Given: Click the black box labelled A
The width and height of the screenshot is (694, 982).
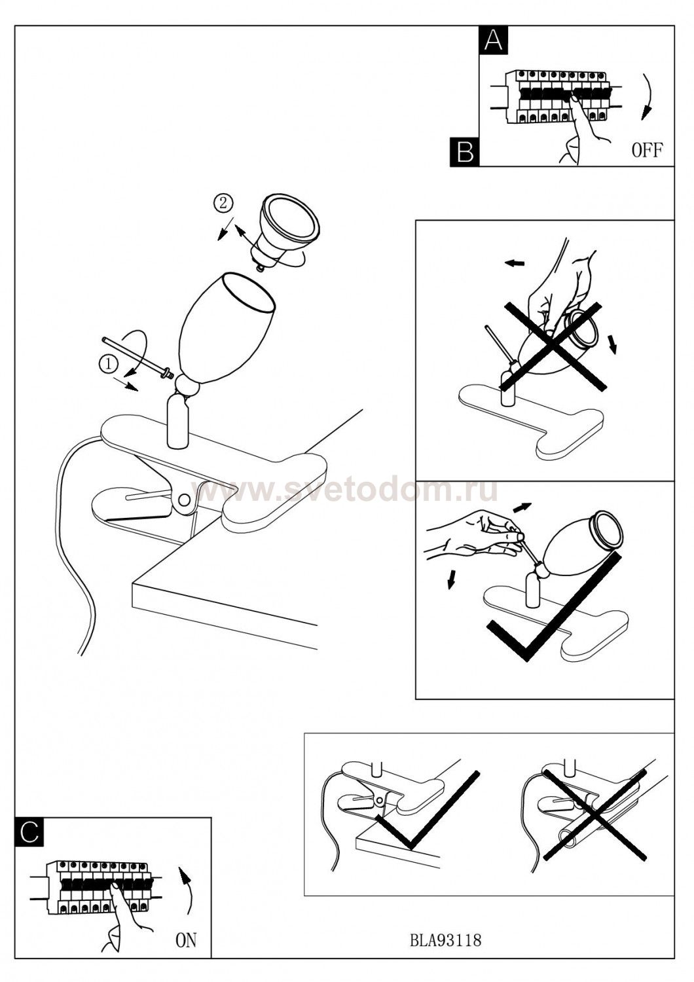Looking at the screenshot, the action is point(494,40).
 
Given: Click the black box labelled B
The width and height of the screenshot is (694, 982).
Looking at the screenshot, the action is point(465,152).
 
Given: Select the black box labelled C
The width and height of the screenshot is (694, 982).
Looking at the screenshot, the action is point(29,831).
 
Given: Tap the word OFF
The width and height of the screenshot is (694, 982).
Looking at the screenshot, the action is point(647,151).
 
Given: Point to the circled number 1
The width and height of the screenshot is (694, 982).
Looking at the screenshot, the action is point(109,364).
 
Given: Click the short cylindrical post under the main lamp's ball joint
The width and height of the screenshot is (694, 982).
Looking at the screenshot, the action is point(179,421).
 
